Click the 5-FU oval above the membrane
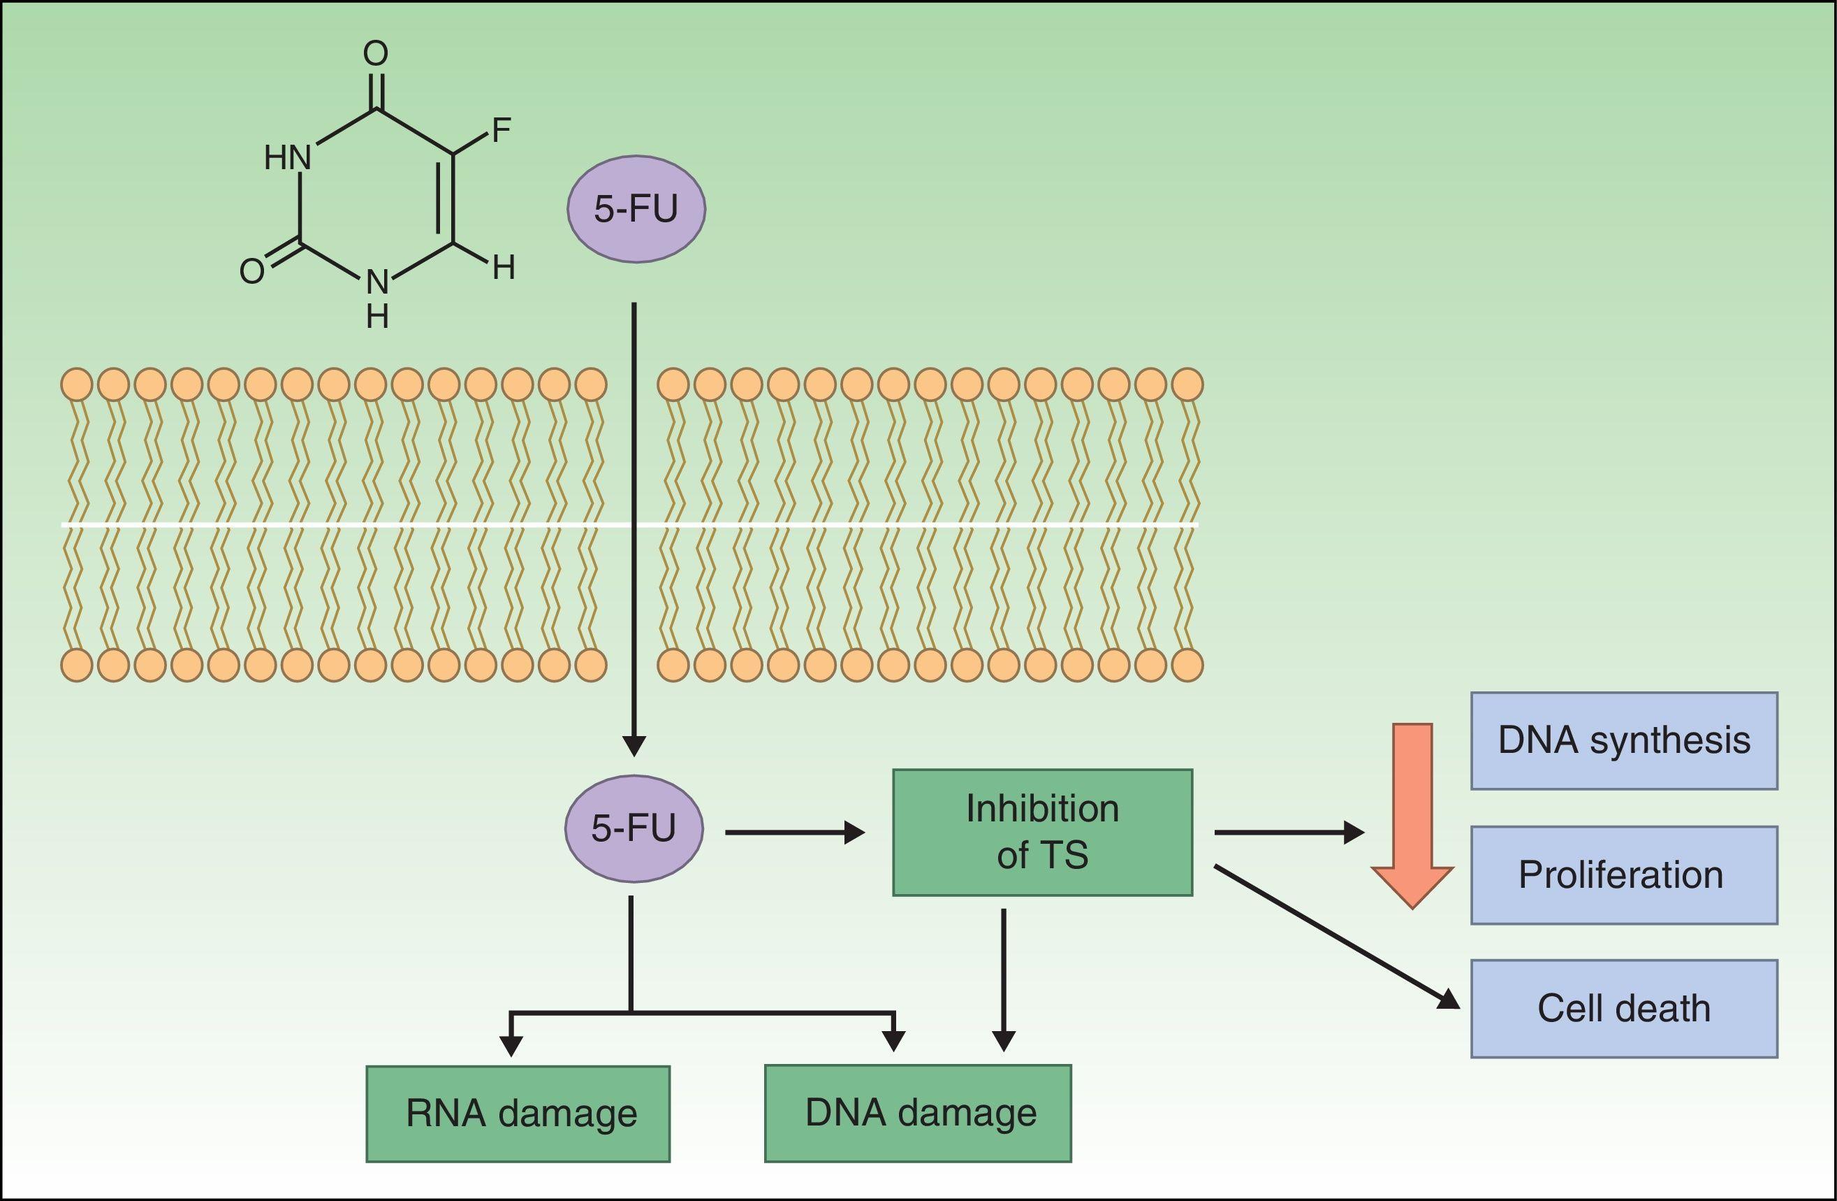[636, 209]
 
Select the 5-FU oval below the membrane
[634, 828]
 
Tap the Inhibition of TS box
[1042, 832]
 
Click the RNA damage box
[518, 1113]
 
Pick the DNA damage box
[918, 1113]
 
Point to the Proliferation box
[1624, 875]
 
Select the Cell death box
[1624, 1009]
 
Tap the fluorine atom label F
[502, 131]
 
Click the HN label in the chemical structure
[288, 158]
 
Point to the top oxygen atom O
[376, 53]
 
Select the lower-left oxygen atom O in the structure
[252, 271]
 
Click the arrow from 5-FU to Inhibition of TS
[795, 833]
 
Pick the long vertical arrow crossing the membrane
[634, 525]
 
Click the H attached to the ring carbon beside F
[503, 268]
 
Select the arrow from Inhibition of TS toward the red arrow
[1289, 833]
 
